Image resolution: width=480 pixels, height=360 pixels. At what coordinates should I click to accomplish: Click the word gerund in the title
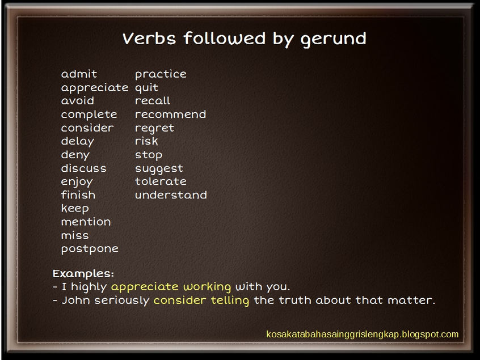334,39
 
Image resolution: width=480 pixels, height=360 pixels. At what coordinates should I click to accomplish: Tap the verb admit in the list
79,74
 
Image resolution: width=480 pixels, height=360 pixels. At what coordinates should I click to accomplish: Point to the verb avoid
78,101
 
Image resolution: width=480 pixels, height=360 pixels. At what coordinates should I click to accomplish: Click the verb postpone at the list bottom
90,249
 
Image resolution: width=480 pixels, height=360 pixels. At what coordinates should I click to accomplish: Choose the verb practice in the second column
161,74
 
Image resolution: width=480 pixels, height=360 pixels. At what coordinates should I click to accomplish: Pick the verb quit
146,88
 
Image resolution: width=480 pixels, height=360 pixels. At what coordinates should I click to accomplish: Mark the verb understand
171,195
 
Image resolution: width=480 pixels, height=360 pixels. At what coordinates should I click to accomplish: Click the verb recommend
170,115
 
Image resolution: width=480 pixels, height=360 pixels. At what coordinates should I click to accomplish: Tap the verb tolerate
161,181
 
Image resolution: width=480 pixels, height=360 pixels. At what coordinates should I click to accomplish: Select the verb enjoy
77,182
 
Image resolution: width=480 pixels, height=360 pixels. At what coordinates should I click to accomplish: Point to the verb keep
75,209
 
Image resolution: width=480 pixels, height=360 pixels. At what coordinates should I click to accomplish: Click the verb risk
146,141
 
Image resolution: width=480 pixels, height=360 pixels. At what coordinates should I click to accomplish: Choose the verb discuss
83,168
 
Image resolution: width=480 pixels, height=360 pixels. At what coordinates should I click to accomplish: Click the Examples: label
83,273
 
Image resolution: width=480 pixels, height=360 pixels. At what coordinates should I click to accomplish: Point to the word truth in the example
295,300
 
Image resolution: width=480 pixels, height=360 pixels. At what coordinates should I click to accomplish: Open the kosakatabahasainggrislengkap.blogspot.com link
362,334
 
